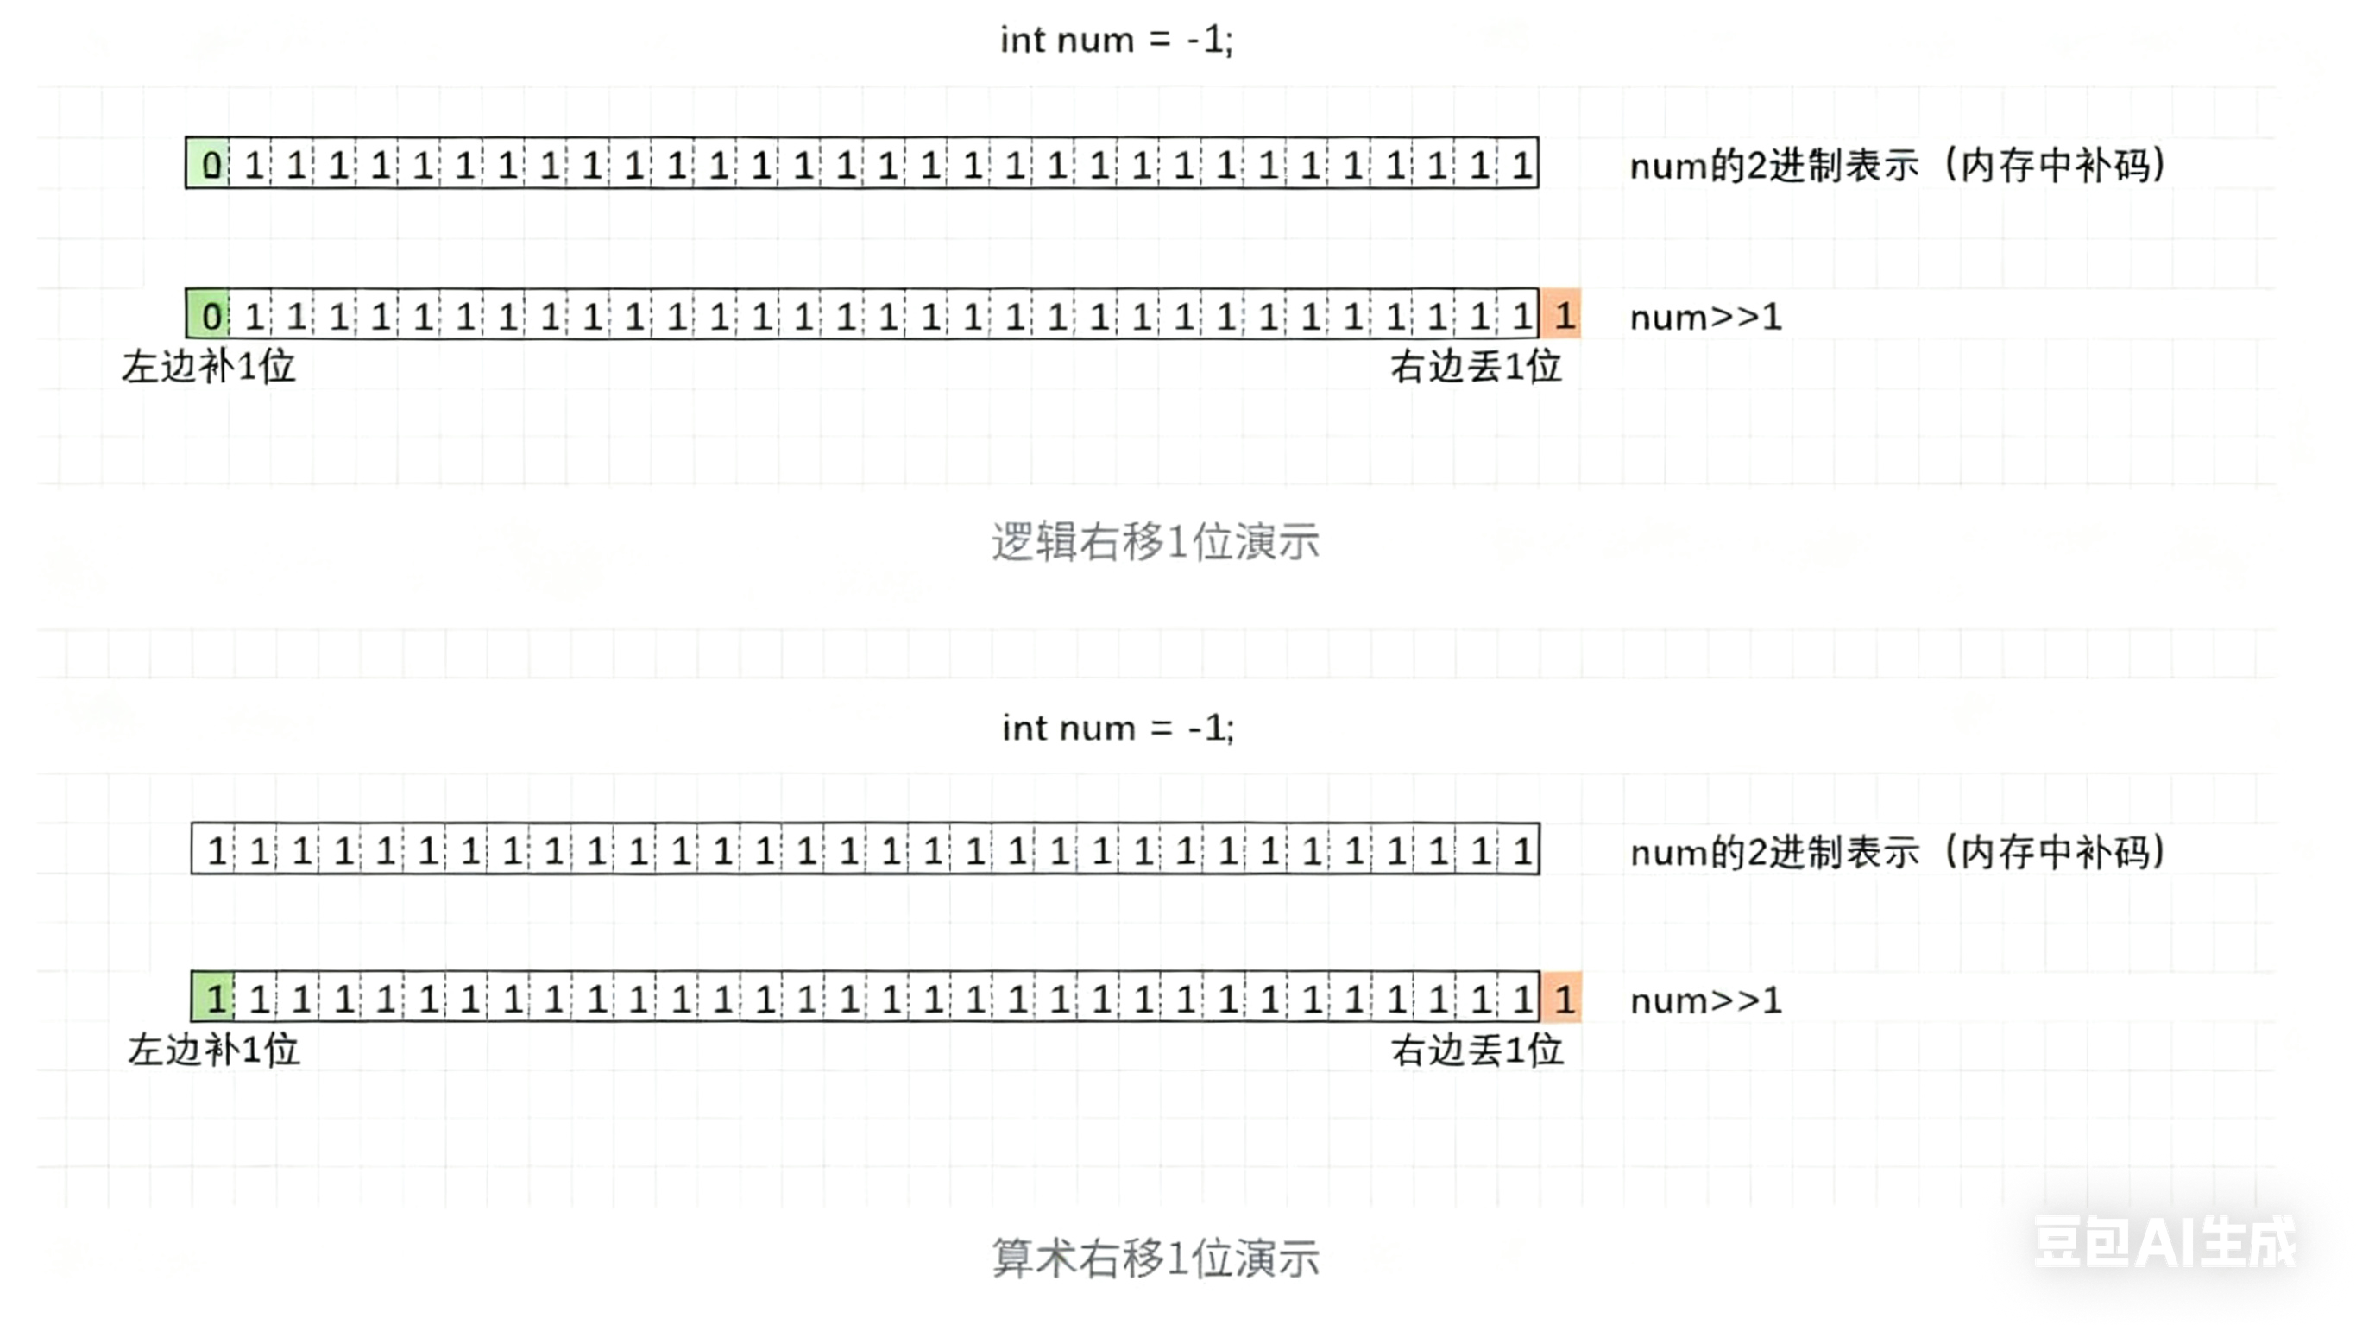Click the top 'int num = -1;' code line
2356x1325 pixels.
pyautogui.click(x=1116, y=41)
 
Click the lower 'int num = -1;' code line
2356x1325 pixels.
pyautogui.click(x=1118, y=729)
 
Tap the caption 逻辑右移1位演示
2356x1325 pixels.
pyautogui.click(x=1156, y=542)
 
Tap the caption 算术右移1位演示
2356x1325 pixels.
pyautogui.click(x=1156, y=1259)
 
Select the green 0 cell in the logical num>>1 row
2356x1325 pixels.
pyautogui.click(x=210, y=316)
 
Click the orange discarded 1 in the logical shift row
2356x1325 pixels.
pyautogui.click(x=1563, y=316)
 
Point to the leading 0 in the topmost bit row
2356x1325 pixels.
pyautogui.click(x=210, y=165)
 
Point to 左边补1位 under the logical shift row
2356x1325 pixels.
pyautogui.click(x=209, y=368)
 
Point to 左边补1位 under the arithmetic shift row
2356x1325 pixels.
pyautogui.click(x=213, y=1051)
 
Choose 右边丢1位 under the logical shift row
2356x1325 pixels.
pyautogui.click(x=1475, y=368)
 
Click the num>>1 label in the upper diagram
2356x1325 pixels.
pyautogui.click(x=1705, y=318)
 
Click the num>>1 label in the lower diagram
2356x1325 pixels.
pyautogui.click(x=1705, y=1001)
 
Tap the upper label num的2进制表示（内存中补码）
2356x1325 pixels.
pyautogui.click(x=1898, y=166)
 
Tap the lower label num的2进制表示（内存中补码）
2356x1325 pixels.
pyautogui.click(x=1898, y=853)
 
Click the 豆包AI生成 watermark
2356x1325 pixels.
pyautogui.click(x=2164, y=1243)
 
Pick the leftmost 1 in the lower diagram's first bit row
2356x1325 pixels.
pyautogui.click(x=216, y=851)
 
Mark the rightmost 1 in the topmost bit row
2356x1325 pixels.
pyautogui.click(x=1520, y=165)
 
